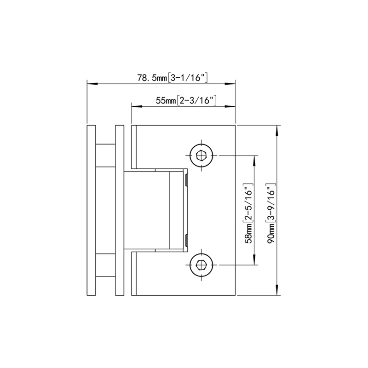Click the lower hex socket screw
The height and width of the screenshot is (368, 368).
click(x=201, y=265)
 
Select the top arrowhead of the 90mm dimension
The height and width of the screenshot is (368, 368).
click(x=277, y=130)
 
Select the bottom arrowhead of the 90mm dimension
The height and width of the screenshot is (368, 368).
click(x=277, y=291)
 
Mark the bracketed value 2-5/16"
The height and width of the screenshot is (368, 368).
click(x=249, y=201)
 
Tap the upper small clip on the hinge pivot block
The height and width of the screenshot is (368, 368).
click(x=186, y=180)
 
